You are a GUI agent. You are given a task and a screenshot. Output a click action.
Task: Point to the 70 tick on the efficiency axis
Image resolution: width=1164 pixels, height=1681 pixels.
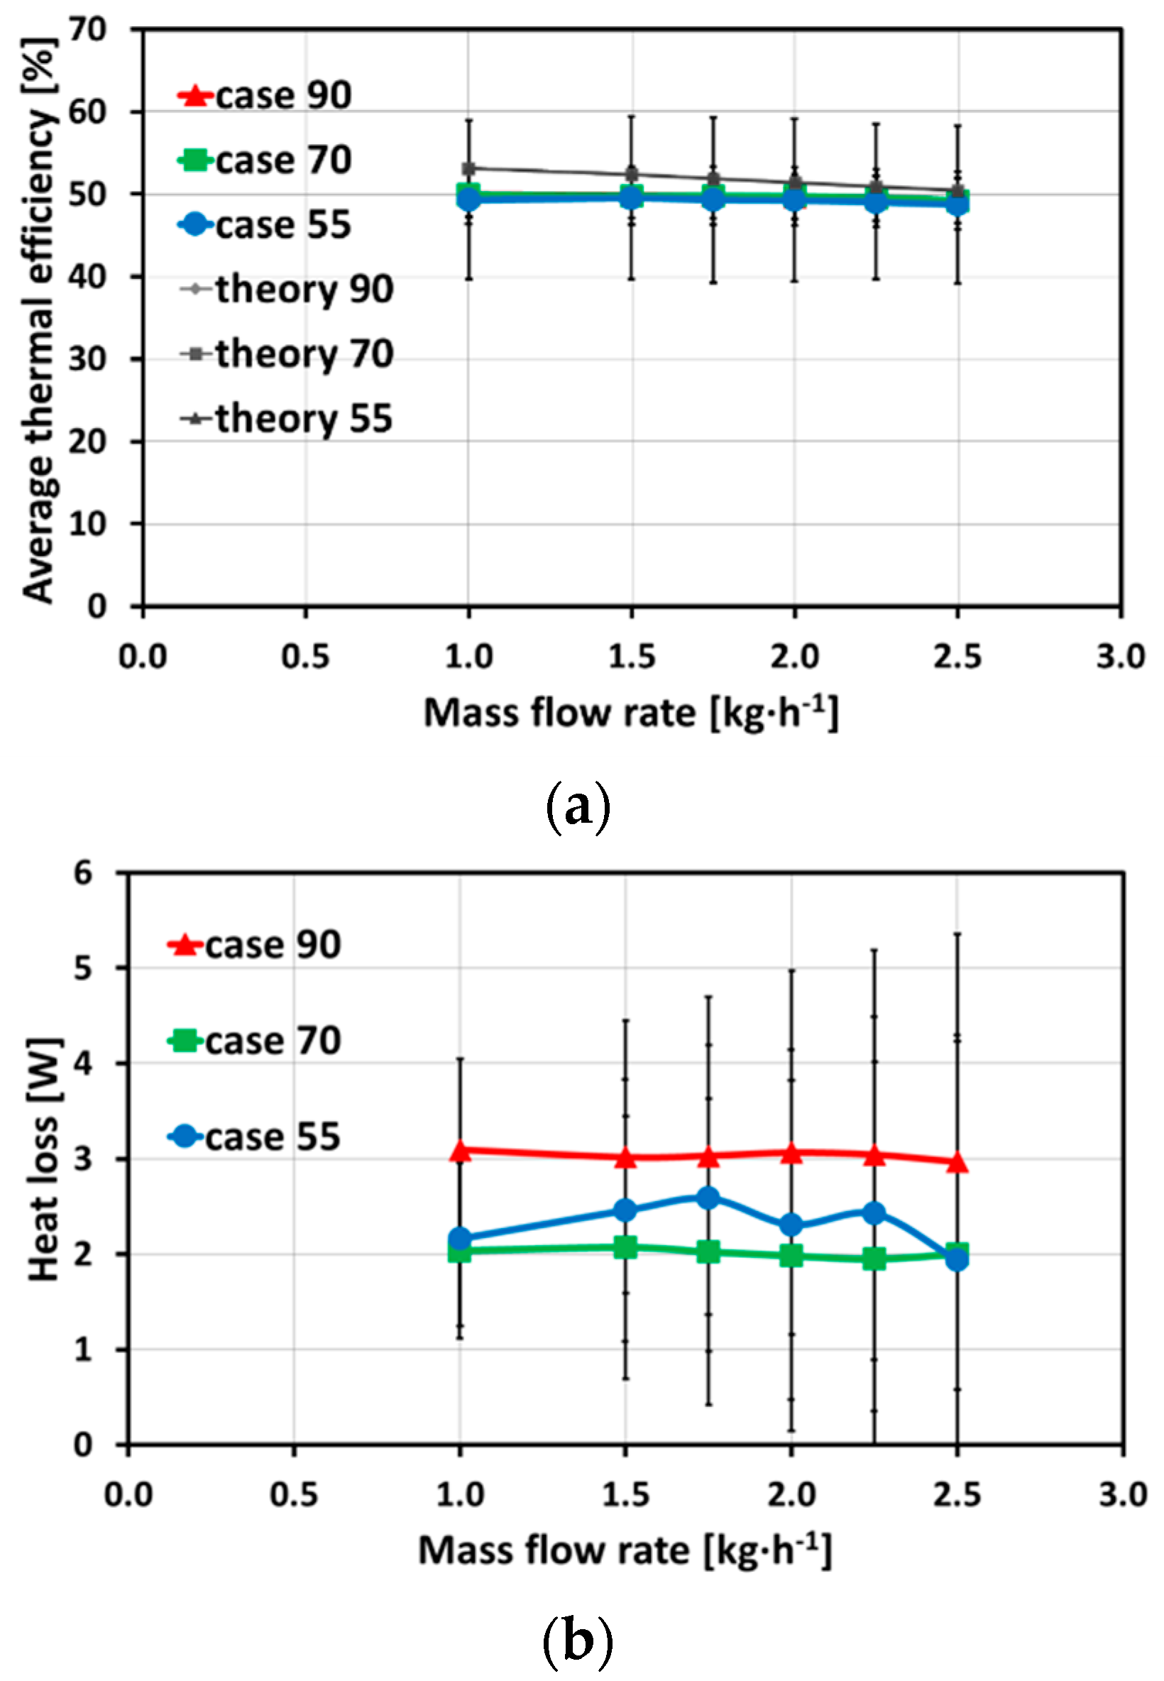(x=87, y=29)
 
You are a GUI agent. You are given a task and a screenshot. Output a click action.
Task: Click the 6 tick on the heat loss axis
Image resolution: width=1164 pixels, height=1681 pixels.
(x=83, y=872)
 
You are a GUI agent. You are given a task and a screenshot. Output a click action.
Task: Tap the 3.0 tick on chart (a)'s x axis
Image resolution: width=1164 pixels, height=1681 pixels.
(x=1119, y=657)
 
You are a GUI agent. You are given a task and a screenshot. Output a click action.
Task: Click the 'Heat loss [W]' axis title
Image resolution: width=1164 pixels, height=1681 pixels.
(x=44, y=1159)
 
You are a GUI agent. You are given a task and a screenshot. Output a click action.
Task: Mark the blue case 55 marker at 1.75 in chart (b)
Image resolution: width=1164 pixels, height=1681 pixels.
(x=708, y=1198)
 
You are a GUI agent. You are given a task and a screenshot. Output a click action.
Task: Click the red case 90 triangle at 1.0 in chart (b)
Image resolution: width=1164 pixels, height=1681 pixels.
(x=459, y=1151)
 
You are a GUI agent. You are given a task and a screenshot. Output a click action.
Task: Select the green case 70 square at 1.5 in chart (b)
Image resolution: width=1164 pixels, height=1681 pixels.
(x=625, y=1247)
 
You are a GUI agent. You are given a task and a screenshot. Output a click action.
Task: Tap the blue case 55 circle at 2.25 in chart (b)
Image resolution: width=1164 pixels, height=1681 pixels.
(x=874, y=1212)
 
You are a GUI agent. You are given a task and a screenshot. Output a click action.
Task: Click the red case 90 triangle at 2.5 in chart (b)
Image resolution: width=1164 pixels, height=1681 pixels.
(x=957, y=1163)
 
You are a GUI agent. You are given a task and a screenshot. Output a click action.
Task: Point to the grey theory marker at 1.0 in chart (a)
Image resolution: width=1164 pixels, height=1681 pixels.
(x=469, y=168)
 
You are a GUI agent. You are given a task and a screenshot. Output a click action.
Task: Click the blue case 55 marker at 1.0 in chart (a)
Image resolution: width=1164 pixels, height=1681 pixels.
(x=469, y=198)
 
